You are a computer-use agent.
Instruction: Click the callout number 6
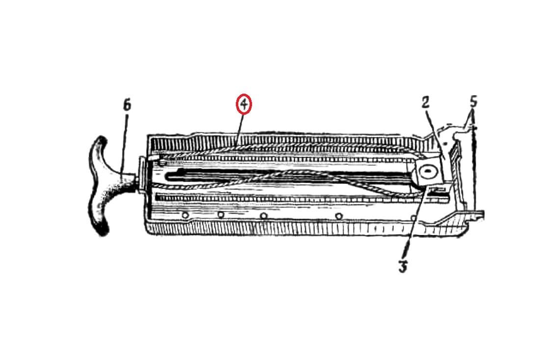[127, 105]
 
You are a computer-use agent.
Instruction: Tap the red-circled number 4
[244, 104]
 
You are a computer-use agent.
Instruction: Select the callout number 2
[425, 103]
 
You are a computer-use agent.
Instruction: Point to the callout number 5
[473, 102]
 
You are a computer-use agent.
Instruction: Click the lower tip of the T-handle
[103, 231]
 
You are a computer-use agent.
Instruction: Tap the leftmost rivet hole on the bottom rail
[185, 215]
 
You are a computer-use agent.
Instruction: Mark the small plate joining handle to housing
[141, 176]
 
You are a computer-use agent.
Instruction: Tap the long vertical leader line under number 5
[474, 168]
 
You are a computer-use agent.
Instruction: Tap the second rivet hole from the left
[221, 215]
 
